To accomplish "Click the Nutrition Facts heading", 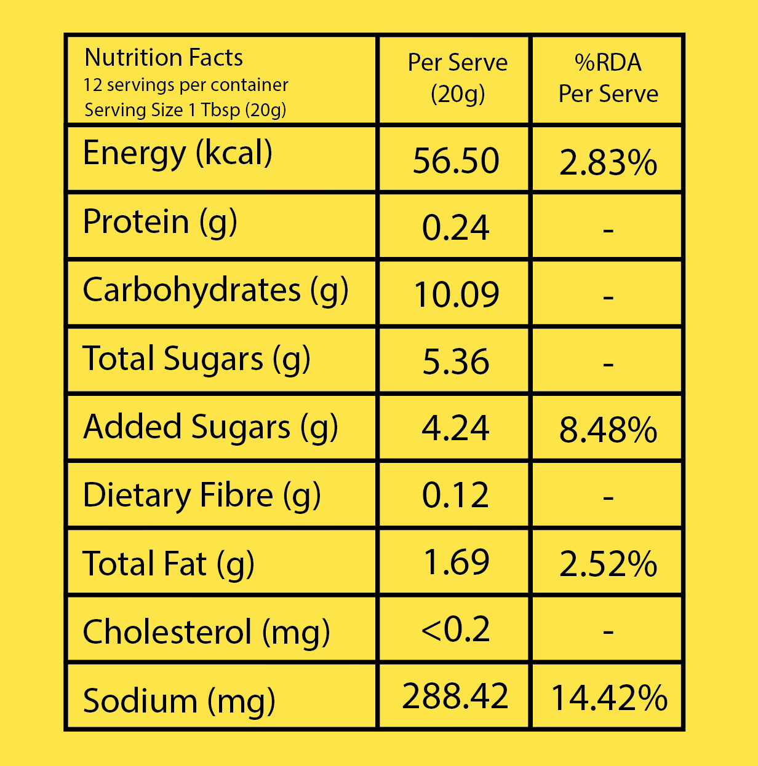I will point(164,58).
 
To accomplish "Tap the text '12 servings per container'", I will point(186,85).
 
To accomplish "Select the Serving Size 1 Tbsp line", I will point(185,110).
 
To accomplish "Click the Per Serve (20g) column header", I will point(457,78).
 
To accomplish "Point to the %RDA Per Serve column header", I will point(608,78).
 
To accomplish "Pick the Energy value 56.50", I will point(456,161).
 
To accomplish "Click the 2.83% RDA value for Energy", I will point(608,164).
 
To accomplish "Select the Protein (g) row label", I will point(160,222).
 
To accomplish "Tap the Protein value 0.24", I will point(456,228).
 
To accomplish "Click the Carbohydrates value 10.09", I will point(457,294).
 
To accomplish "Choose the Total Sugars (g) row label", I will point(196,359).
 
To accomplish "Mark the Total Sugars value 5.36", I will point(456,361).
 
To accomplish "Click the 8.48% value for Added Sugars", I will point(608,430).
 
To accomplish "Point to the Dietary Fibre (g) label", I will point(202,496).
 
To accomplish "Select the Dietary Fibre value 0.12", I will point(456,496).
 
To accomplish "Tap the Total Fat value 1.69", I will point(457,563).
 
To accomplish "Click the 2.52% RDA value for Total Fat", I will point(608,564).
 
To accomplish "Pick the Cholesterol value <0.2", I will point(456,630).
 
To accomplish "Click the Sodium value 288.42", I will point(455,697).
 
